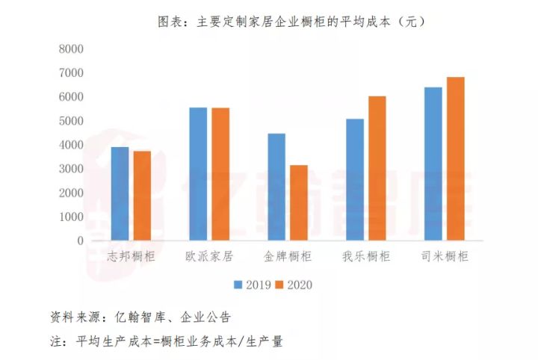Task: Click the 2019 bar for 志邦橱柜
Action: coord(120,193)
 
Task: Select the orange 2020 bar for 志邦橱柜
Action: coord(142,196)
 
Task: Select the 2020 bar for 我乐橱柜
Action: coord(377,168)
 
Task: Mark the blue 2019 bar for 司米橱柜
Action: coord(433,164)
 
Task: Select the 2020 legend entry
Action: coord(292,285)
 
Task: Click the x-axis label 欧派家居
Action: coord(209,256)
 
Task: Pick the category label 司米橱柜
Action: coord(445,256)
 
